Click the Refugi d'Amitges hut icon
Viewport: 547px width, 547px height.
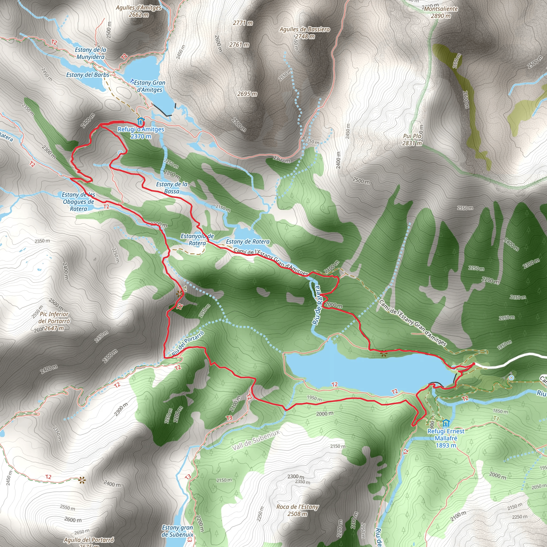140,121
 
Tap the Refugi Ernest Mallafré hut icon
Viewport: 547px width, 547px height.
446,424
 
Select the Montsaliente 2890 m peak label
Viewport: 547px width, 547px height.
441,12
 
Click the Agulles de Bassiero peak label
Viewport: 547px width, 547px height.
305,33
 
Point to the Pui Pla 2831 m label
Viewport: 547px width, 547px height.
412,140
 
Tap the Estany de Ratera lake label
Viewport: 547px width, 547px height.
248,241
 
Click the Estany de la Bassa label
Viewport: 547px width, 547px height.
172,188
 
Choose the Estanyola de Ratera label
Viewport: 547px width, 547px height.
197,240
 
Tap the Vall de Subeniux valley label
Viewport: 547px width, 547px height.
256,440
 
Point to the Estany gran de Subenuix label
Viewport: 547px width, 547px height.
177,531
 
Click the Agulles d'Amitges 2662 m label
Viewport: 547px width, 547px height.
138,11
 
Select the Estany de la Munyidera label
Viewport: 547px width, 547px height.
91,53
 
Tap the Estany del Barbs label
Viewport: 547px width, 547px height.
88,75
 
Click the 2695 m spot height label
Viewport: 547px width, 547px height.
247,94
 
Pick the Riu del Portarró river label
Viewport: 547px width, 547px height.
188,343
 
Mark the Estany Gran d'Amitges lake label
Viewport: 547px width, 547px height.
150,86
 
